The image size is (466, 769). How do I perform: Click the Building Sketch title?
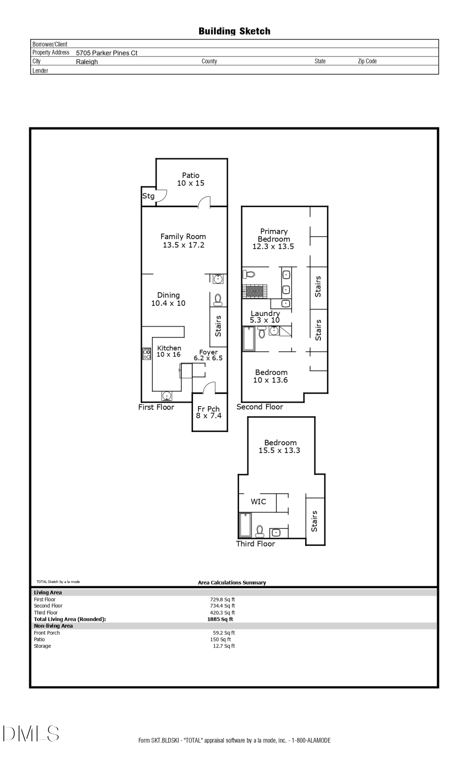(x=234, y=31)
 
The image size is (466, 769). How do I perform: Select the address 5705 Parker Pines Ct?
(x=106, y=53)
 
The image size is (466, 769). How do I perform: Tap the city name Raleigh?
(x=87, y=62)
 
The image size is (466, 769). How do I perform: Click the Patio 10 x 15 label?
(x=191, y=179)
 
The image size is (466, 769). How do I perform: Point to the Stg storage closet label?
(x=148, y=196)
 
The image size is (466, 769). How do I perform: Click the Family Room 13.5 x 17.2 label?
(x=183, y=241)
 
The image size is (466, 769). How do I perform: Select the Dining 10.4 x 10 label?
(x=168, y=299)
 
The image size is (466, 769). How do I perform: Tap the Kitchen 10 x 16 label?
(x=169, y=351)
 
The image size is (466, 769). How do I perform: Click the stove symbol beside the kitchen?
(x=147, y=353)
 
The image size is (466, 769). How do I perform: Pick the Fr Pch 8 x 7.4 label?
(x=209, y=412)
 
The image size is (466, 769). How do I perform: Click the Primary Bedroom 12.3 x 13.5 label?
(x=273, y=239)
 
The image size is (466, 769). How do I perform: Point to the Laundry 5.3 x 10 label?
(x=265, y=316)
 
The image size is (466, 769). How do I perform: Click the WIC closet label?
(x=258, y=502)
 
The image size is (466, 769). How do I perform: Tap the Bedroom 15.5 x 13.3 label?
(x=280, y=446)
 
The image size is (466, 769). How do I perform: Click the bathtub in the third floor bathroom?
(x=245, y=525)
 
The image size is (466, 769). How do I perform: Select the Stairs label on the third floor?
(x=315, y=521)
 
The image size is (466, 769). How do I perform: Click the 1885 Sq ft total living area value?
(x=220, y=619)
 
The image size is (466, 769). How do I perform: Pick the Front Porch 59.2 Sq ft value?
(x=224, y=633)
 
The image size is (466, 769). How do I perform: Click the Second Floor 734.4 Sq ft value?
(x=222, y=606)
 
